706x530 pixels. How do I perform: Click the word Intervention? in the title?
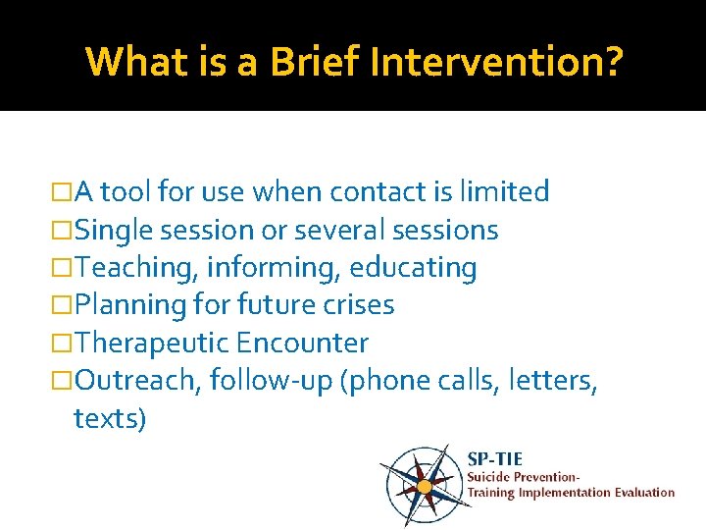coord(494,61)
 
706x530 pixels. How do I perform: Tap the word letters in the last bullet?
coord(555,380)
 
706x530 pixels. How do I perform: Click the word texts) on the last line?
coord(110,418)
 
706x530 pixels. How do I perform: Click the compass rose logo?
coord(423,484)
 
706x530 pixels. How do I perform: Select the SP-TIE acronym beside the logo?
coord(494,458)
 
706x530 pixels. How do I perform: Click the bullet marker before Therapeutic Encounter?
coord(64,344)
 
